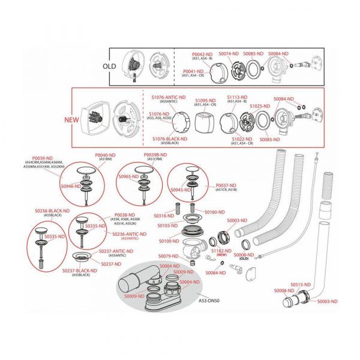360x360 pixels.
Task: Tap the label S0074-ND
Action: click(x=228, y=53)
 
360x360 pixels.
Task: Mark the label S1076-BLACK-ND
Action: click(x=170, y=139)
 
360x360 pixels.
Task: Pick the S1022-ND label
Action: click(x=242, y=139)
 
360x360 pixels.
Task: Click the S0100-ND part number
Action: click(x=169, y=241)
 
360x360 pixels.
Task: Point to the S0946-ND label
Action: click(x=71, y=187)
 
